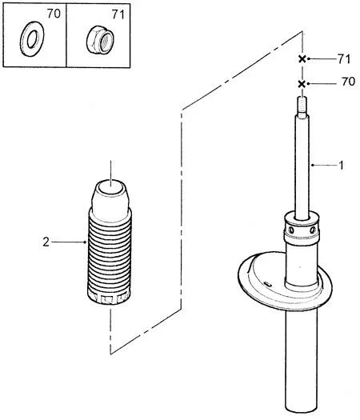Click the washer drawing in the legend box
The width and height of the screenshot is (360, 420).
(23, 39)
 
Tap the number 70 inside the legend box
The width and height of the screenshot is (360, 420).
(54, 14)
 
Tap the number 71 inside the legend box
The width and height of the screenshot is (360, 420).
(118, 14)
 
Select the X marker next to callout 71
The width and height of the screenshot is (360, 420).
(302, 59)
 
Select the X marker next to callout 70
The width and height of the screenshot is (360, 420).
(302, 84)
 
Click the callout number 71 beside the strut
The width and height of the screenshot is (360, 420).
(344, 59)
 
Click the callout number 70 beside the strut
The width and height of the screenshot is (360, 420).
(349, 82)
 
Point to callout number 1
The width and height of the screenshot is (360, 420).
(341, 166)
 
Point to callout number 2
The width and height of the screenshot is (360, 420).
(46, 242)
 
